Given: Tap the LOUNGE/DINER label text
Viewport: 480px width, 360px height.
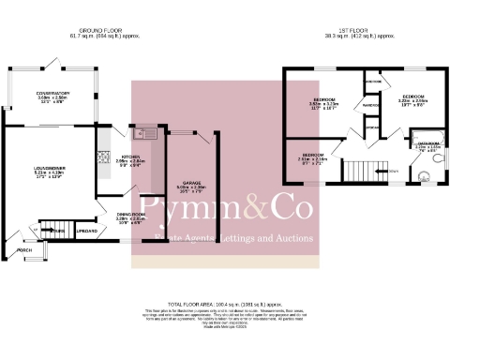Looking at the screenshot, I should [x=42, y=171].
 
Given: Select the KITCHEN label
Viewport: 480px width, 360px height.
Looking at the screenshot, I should [x=130, y=157].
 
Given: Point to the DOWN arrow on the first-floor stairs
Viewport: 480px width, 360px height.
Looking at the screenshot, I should [x=392, y=171].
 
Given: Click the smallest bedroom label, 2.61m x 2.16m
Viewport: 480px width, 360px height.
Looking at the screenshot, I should [x=314, y=157].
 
